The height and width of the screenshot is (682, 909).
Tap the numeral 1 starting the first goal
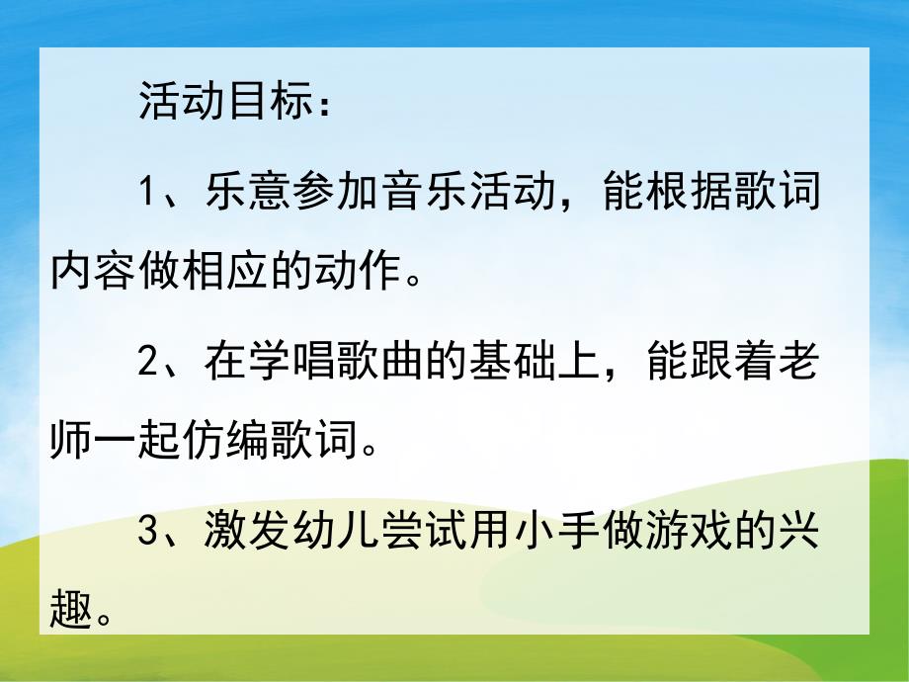point(148,191)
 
